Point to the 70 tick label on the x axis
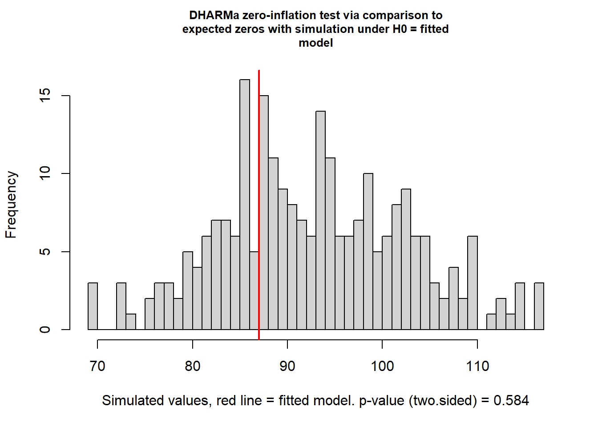click(97, 366)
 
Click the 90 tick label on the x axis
click(287, 366)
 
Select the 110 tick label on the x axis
click(477, 366)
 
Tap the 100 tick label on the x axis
click(382, 366)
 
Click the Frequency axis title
click(11, 205)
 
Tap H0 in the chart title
click(400, 29)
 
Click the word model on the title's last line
click(316, 43)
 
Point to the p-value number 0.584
click(511, 400)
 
